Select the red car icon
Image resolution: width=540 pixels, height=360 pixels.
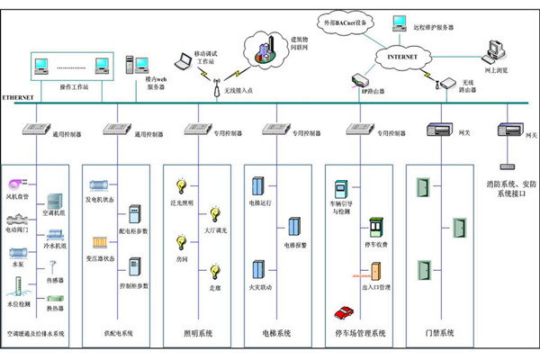tap(342, 312)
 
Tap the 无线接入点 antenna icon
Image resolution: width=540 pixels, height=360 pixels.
tap(217, 87)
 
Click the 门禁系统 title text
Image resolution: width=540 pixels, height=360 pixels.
tap(438, 334)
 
